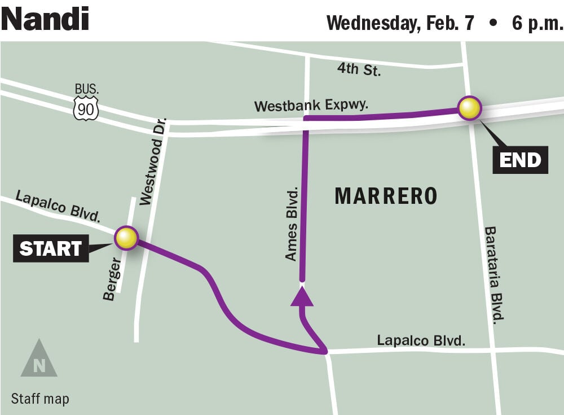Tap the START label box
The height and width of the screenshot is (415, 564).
(51, 248)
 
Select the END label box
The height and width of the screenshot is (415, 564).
(519, 160)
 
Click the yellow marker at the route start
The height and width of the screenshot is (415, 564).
(126, 238)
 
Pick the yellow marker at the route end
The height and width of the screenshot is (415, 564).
(469, 108)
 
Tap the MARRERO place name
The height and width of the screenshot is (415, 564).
(386, 196)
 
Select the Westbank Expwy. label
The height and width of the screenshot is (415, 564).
(311, 106)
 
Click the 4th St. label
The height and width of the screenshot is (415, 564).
(359, 69)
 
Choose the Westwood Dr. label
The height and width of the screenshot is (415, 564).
(153, 161)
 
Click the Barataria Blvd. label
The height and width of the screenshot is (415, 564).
(493, 275)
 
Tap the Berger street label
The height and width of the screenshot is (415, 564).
(112, 279)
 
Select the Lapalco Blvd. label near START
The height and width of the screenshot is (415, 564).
(58, 207)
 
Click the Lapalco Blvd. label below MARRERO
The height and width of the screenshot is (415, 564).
(421, 340)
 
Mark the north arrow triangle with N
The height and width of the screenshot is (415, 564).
(39, 360)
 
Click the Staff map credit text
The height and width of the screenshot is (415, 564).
(40, 399)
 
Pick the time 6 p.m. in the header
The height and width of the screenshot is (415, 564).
(537, 23)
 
